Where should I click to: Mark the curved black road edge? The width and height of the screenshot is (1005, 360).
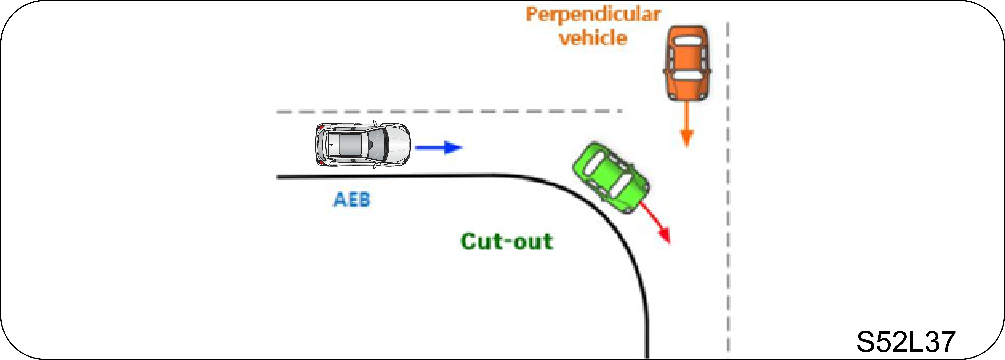[x=609, y=218]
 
